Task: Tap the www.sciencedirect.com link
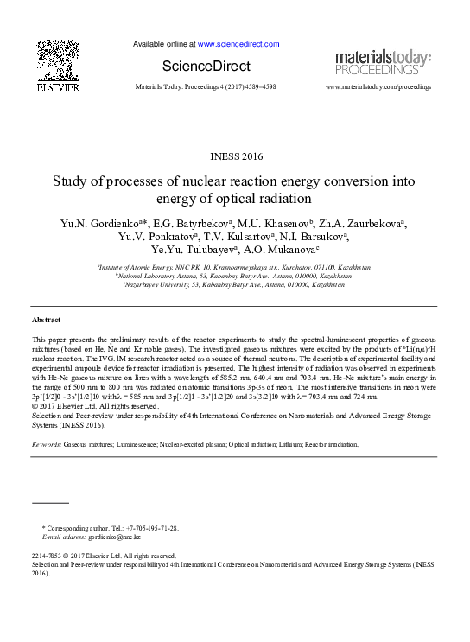click(238, 43)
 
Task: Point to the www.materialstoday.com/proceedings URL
click(378, 87)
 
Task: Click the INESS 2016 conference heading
click(234, 156)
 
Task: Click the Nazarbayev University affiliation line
click(235, 283)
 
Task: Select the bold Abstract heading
click(46, 320)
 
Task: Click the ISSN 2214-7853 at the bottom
click(50, 556)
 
